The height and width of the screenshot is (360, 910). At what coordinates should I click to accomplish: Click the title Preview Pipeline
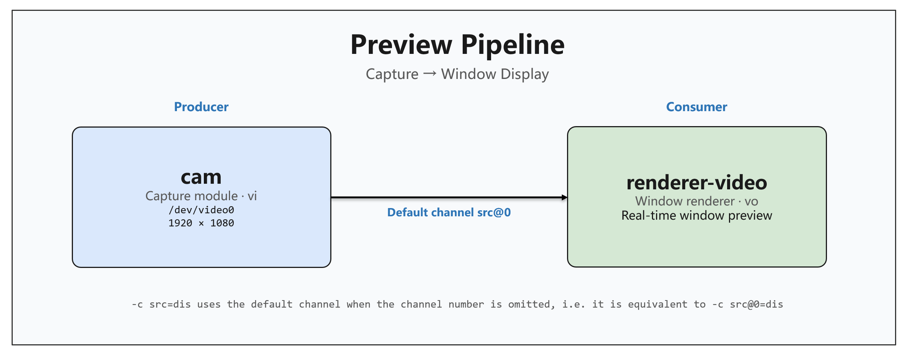[x=457, y=45]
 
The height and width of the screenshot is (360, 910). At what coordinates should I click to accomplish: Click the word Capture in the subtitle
[x=392, y=74]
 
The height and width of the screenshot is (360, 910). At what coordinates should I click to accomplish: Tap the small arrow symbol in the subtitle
[x=430, y=73]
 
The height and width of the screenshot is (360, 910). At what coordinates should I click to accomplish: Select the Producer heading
[x=201, y=107]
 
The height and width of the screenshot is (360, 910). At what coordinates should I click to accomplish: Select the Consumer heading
[x=696, y=107]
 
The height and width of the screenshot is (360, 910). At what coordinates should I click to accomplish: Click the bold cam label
[x=201, y=177]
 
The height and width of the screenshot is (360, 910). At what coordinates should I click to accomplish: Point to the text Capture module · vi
[x=201, y=196]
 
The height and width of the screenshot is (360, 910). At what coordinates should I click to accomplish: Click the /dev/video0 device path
[x=201, y=210]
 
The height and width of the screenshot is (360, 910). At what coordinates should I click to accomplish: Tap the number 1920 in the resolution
[x=180, y=223]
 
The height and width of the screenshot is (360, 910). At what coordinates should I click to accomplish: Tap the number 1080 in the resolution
[x=222, y=223]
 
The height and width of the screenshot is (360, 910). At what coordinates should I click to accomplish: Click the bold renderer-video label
[x=697, y=183]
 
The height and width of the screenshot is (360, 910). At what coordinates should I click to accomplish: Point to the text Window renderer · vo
[x=697, y=201]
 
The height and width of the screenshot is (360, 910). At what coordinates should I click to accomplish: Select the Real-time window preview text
[x=697, y=216]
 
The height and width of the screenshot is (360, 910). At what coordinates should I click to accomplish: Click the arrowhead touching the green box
[x=565, y=197]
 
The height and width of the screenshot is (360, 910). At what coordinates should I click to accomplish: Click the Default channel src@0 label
[x=449, y=213]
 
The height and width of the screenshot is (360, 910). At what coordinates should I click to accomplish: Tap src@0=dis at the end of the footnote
[x=756, y=304]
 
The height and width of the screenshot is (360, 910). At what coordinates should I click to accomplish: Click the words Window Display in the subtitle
[x=495, y=74]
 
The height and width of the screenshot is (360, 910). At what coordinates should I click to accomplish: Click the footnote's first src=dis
[x=170, y=304]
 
